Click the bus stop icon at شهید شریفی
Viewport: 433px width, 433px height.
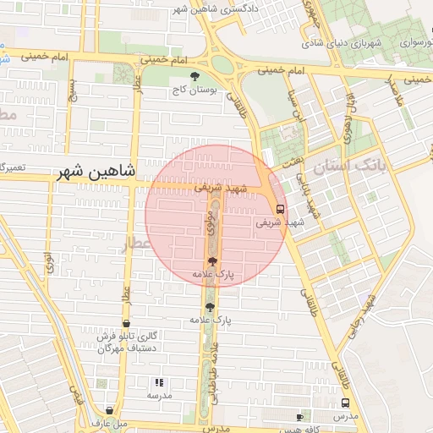[x=279, y=209]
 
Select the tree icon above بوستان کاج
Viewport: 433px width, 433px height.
[x=195, y=77]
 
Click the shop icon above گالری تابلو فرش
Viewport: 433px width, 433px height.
[x=127, y=324]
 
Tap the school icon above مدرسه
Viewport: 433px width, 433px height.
[x=159, y=382]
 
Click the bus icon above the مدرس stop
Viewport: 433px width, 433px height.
[x=345, y=403]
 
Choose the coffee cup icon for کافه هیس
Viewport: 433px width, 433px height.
[x=299, y=417]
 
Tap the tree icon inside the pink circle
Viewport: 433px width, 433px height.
[x=211, y=261]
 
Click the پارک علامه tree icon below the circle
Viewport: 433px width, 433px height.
[x=210, y=307]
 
